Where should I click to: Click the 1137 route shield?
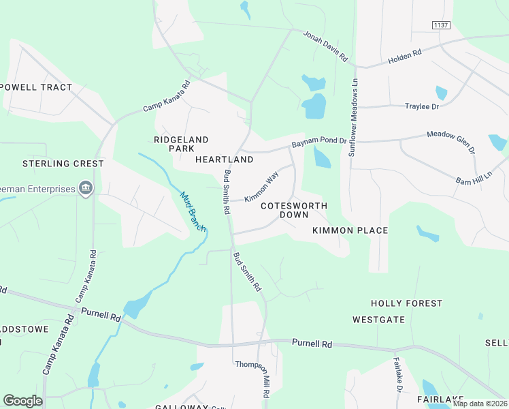pos(441,25)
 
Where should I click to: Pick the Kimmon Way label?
pos(261,186)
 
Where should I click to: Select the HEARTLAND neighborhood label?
pos(224,160)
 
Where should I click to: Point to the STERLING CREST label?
pos(63,164)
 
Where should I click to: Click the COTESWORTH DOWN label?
pos(293,210)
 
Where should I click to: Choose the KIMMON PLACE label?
pos(350,230)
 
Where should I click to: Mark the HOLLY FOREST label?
pos(406,303)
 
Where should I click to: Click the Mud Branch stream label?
pos(192,211)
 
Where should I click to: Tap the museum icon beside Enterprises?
pos(85,188)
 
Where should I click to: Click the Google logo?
pos(22,401)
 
